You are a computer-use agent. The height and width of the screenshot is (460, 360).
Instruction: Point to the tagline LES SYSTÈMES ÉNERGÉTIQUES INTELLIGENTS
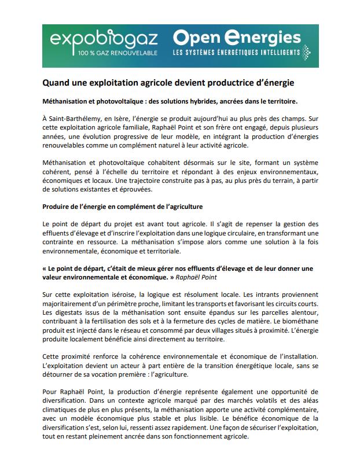click(241, 53)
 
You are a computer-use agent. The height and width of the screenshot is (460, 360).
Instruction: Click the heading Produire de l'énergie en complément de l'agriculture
click(122, 207)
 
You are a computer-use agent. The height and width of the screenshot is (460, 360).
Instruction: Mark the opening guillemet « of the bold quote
click(45, 268)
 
